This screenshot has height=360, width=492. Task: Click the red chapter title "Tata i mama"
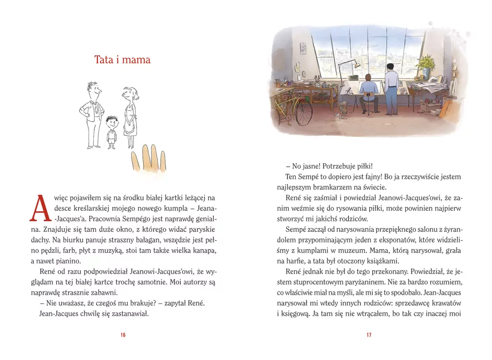tap(122, 60)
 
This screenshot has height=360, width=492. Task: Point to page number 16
tap(123, 335)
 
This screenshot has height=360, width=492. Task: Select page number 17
tap(369, 335)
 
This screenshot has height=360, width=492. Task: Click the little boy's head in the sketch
tap(112, 122)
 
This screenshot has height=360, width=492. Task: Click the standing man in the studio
tap(392, 89)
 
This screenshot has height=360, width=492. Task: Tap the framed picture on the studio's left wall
tap(303, 48)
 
